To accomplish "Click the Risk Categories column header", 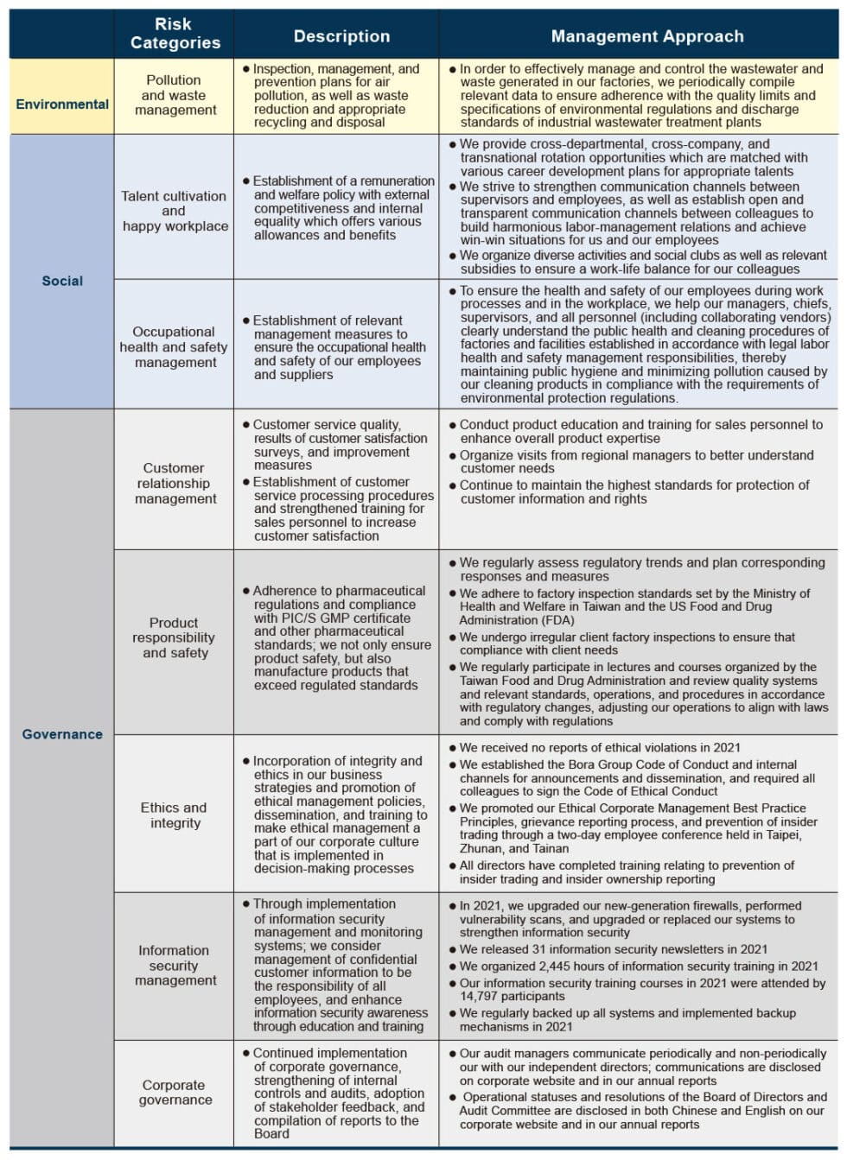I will click(x=175, y=35).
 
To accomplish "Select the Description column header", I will click(x=341, y=36).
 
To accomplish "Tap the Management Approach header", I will click(x=647, y=36).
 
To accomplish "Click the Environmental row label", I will click(x=62, y=105).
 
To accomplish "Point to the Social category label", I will click(x=62, y=281).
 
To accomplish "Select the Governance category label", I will click(x=62, y=734).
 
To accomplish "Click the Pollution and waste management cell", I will click(x=174, y=95).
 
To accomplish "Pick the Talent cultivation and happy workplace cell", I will click(x=174, y=211).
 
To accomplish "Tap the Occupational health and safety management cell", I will click(x=174, y=346).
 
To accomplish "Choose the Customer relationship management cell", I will click(x=174, y=483).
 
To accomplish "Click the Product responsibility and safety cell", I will click(x=174, y=637).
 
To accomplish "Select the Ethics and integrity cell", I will click(x=174, y=815).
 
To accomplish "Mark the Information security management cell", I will click(x=174, y=965).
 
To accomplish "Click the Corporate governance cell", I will click(x=174, y=1092).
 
